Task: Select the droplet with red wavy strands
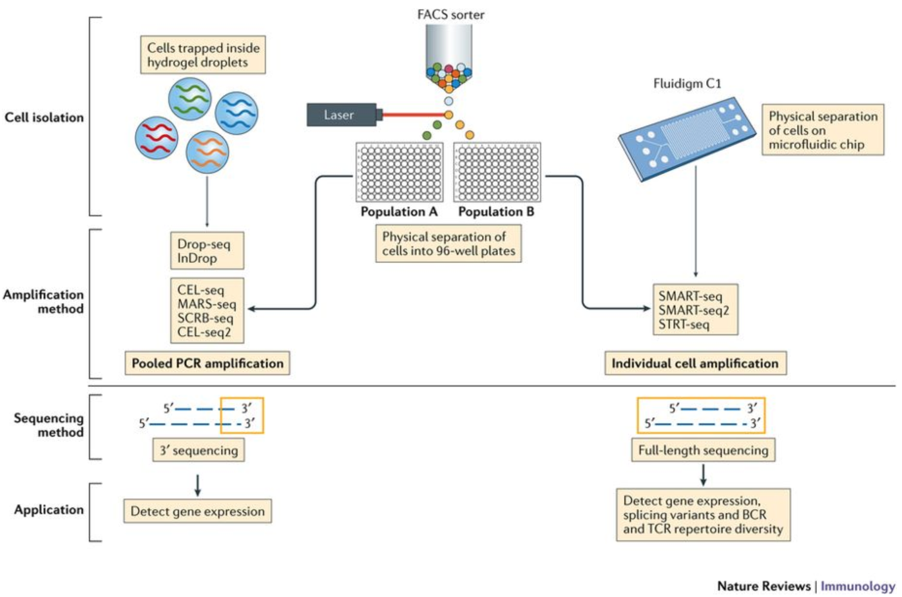click(x=157, y=138)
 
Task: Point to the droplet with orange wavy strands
click(x=207, y=152)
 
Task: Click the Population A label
click(x=399, y=211)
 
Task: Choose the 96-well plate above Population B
click(x=497, y=172)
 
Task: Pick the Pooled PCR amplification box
click(x=207, y=363)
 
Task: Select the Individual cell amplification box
click(x=695, y=363)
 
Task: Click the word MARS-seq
click(x=207, y=304)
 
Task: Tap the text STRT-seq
click(x=684, y=324)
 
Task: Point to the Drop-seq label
click(x=204, y=244)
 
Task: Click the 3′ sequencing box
click(x=198, y=450)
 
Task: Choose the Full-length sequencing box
click(x=703, y=450)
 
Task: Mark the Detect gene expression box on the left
click(x=197, y=511)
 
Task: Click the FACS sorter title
click(x=450, y=14)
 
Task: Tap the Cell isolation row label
click(x=44, y=117)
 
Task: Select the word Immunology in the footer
click(x=858, y=586)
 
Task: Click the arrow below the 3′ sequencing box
click(x=198, y=485)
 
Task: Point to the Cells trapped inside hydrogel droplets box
click(x=203, y=55)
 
